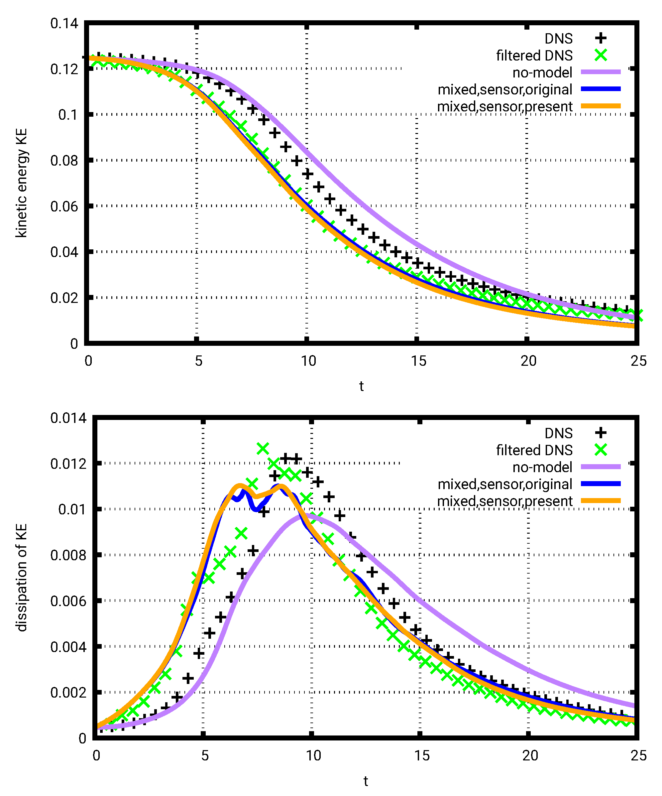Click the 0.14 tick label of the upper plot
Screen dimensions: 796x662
click(x=64, y=24)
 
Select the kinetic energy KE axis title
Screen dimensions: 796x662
click(x=22, y=183)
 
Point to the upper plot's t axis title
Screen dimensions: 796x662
click(x=361, y=386)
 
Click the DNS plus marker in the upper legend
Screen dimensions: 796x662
click(x=601, y=38)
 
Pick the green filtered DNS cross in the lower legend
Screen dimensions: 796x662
click(x=601, y=450)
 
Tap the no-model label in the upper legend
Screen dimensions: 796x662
click(x=542, y=72)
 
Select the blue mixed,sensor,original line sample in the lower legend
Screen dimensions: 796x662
click(x=601, y=484)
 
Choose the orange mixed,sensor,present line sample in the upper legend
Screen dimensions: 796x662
click(x=601, y=106)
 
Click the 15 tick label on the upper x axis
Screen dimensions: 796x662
click(x=418, y=361)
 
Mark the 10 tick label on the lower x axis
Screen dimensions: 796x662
click(x=313, y=755)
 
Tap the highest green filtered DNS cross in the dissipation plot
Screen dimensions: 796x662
click(x=263, y=449)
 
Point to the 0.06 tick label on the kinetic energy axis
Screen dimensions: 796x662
click(x=64, y=206)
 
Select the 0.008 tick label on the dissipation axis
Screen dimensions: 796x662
click(x=68, y=555)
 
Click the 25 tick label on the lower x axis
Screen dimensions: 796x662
click(x=638, y=755)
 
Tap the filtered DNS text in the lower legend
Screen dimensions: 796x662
click(x=534, y=450)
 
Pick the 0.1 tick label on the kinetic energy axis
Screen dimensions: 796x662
click(x=68, y=115)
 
